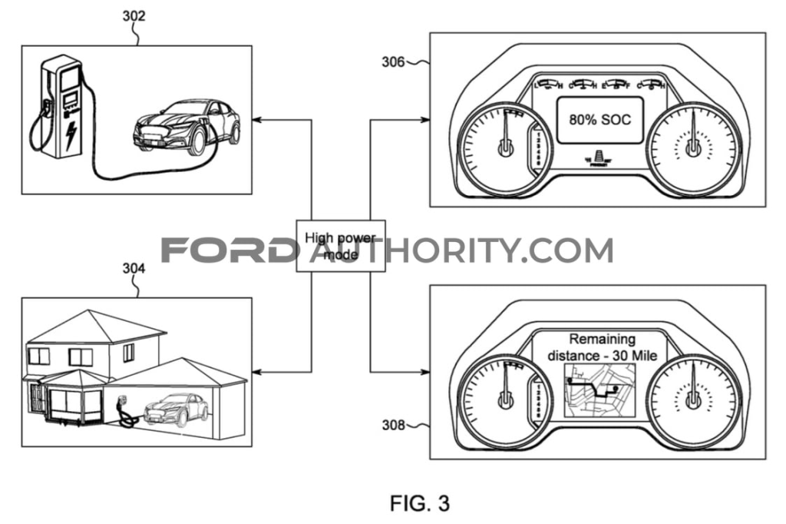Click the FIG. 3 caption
418,503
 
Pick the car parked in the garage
176,409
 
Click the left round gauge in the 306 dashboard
504,146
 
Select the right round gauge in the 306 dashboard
694,146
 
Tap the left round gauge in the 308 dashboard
504,397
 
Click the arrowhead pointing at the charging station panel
257,120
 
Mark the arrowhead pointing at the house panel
257,372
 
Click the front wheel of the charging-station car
196,141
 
